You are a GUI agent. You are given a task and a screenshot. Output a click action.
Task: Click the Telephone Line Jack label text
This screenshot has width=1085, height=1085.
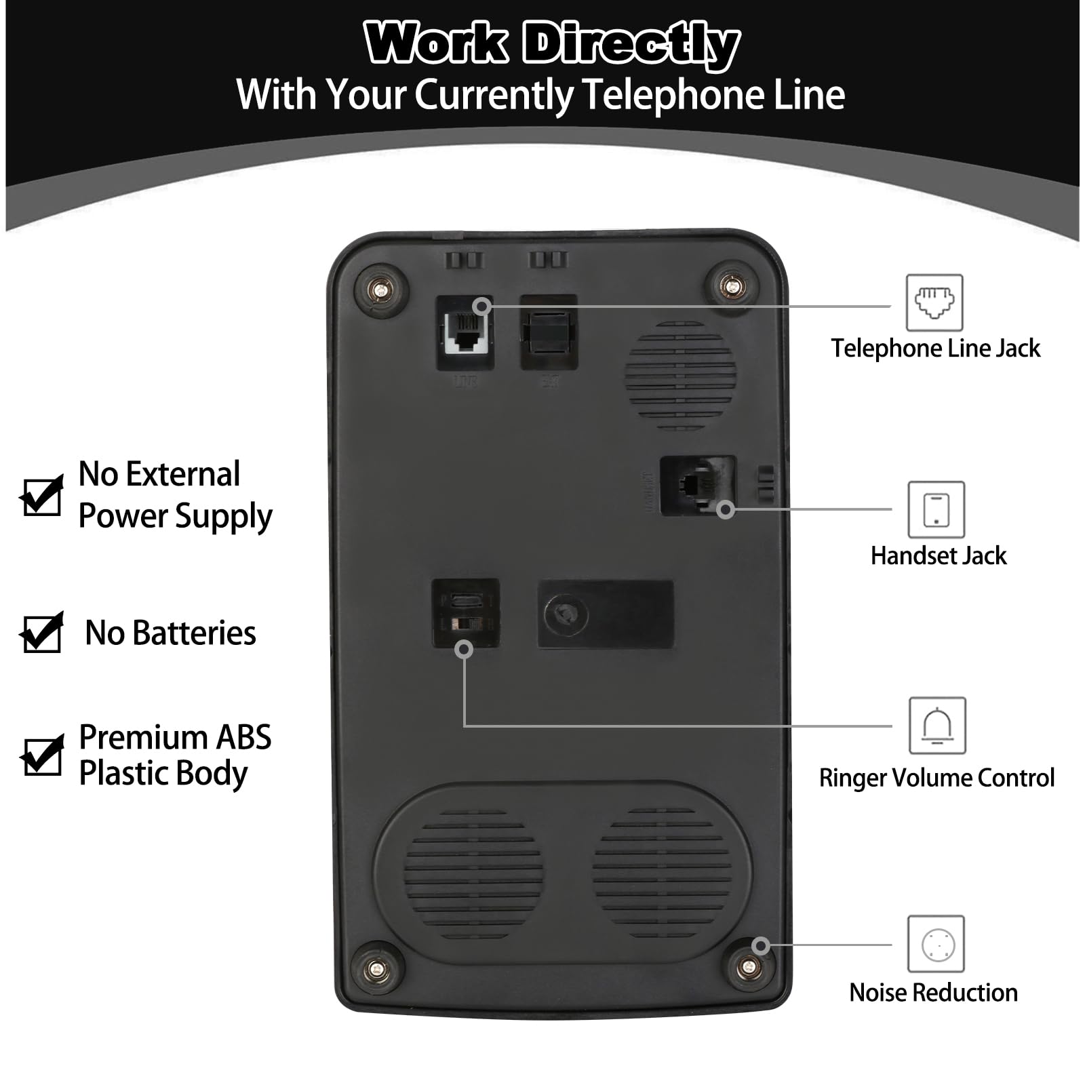935,348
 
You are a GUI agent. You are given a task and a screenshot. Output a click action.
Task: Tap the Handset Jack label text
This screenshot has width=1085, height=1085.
939,555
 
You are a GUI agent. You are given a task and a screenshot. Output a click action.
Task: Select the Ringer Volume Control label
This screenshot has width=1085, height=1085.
936,777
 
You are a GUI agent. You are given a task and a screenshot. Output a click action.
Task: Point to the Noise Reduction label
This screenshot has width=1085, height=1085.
933,992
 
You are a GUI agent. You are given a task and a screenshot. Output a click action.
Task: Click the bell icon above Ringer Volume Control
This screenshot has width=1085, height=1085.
937,726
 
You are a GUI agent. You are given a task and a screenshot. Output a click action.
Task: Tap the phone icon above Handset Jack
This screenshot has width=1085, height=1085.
936,509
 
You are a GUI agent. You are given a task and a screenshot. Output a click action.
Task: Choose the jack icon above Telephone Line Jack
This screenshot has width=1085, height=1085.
934,302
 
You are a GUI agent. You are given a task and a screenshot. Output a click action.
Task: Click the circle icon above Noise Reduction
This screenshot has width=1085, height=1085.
936,943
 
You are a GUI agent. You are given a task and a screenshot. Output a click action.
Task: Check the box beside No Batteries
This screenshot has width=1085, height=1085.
42,632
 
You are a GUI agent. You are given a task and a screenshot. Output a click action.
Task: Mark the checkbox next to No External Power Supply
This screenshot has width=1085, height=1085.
42,495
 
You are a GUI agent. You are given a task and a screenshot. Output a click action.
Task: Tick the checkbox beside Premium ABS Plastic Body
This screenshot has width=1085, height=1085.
42,755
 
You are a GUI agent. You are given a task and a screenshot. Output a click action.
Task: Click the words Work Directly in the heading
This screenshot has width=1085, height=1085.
552,43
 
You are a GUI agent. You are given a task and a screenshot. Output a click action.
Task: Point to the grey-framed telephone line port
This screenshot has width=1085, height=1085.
465,332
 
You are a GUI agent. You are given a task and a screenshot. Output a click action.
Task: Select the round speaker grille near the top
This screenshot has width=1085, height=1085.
680,375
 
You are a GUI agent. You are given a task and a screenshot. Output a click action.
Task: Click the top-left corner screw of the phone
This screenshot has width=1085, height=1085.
381,290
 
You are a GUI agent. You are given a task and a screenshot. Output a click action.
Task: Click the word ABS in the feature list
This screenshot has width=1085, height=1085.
243,737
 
